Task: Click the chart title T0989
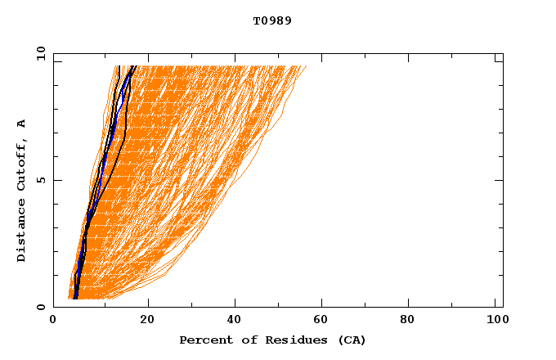pyautogui.click(x=272, y=21)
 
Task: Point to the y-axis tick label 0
pyautogui.click(x=41, y=307)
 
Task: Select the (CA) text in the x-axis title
pyautogui.click(x=350, y=340)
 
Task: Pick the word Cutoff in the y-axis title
pyautogui.click(x=21, y=161)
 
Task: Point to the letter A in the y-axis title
pyautogui.click(x=21, y=124)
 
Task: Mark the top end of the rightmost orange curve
pyautogui.click(x=307, y=65)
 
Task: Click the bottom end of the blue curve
pyautogui.click(x=76, y=298)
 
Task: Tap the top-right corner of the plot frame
pyautogui.click(x=503, y=53)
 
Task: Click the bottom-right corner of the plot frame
pyautogui.click(x=503, y=307)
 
